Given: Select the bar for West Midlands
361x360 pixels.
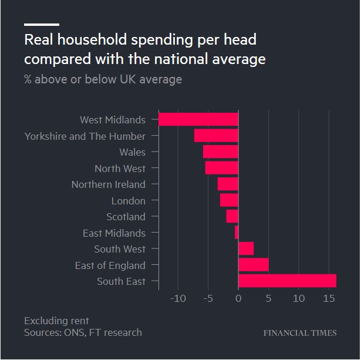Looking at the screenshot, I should tap(198, 120).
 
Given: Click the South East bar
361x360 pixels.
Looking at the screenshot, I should tap(287, 281).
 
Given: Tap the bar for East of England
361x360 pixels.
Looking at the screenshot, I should tap(254, 265).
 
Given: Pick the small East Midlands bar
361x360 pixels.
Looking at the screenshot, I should tap(237, 233).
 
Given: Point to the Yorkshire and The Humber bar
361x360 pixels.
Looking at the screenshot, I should tap(216, 136).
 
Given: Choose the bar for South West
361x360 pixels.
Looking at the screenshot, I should tap(246, 249).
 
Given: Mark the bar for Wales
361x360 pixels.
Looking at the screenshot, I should tap(221, 152).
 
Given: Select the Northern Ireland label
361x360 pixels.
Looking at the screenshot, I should tap(108, 184).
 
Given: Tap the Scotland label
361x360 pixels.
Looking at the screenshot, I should tap(126, 217).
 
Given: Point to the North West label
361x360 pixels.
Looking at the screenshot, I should tap(120, 169).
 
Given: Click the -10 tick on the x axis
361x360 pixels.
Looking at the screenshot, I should tap(177, 299).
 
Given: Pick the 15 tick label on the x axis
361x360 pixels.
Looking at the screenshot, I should tap(329, 299).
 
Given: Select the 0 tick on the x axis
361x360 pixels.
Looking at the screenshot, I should tap(238, 299).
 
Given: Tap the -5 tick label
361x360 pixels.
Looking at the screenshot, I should tap(208, 299).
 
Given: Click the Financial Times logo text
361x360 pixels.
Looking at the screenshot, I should tap(299, 333).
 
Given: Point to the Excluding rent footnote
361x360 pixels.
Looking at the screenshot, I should tap(56, 321).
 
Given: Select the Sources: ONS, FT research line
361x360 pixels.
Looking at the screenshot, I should tap(83, 332).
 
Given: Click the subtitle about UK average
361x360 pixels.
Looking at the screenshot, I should tap(103, 79).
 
